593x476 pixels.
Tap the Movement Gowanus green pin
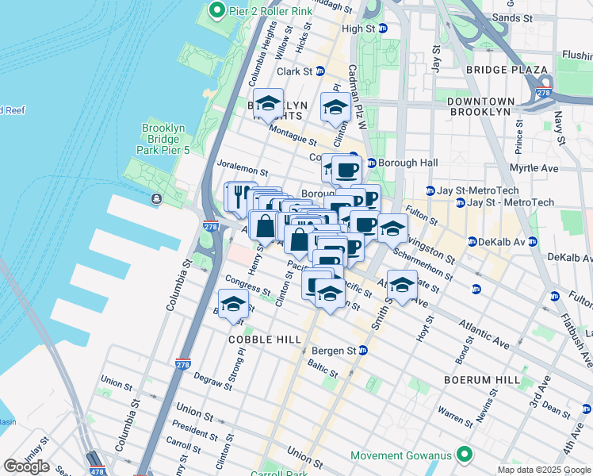464,455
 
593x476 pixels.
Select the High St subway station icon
382,29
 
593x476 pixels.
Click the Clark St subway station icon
320,71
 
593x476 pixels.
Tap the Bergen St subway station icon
363,350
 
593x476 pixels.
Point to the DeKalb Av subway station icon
471,241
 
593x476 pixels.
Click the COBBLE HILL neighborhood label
265,339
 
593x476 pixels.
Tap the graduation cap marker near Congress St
233,305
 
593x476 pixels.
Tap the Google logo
26,466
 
